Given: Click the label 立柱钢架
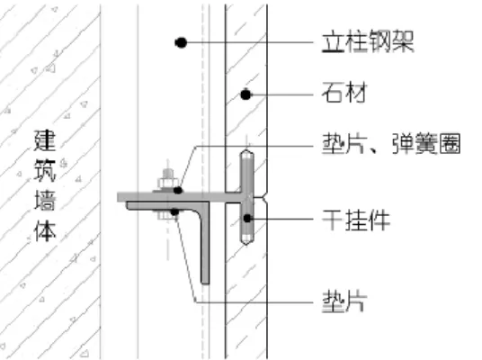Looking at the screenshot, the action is (x=368, y=41).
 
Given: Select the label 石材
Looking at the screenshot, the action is (x=344, y=93).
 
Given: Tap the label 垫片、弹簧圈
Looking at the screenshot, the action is (x=391, y=143).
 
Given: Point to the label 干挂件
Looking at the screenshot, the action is (x=356, y=220).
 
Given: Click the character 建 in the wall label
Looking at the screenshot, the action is (x=45, y=140).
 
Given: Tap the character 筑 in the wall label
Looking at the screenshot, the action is (x=45, y=171).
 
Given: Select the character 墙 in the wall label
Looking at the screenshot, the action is (x=45, y=201).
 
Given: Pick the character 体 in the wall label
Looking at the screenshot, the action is (x=45, y=230).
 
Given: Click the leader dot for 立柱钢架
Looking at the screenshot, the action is (x=181, y=42).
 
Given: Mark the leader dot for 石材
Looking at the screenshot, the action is (x=245, y=94).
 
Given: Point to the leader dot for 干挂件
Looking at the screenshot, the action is (x=247, y=219).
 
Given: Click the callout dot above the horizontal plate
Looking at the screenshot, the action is (x=178, y=191).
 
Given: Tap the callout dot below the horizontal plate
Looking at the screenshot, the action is (x=174, y=211).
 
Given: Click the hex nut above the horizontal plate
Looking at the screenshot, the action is (x=167, y=184).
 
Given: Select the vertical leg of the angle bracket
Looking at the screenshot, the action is (x=205, y=243).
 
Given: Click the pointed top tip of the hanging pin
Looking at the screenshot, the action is (x=246, y=149).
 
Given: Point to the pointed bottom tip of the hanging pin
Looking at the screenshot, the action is (x=246, y=244).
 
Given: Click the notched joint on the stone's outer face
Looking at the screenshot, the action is (x=265, y=196).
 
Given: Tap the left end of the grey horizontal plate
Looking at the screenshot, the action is (x=118, y=197).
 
